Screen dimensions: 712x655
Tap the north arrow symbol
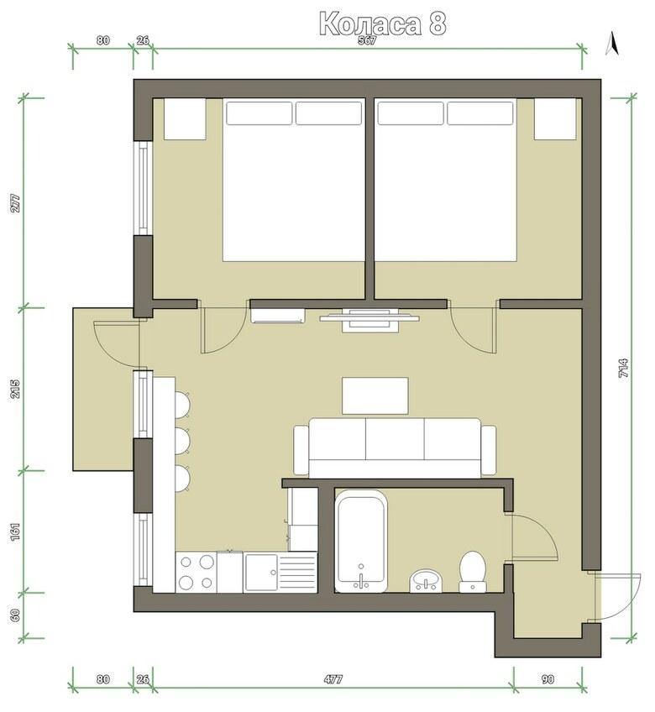[x=612, y=43]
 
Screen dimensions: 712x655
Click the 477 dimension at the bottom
[x=333, y=678]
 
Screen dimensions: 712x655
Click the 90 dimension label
[x=548, y=678]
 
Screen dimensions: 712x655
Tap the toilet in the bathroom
[x=473, y=569]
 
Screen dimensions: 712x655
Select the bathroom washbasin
[x=427, y=579]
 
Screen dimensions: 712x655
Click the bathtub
[x=361, y=542]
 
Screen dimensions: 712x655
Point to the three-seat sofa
[x=395, y=446]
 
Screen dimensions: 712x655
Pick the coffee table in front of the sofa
[x=375, y=395]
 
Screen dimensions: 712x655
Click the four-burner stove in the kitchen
[x=196, y=572]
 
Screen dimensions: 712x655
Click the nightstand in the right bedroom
[x=556, y=119]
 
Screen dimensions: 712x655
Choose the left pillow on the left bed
[x=257, y=113]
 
